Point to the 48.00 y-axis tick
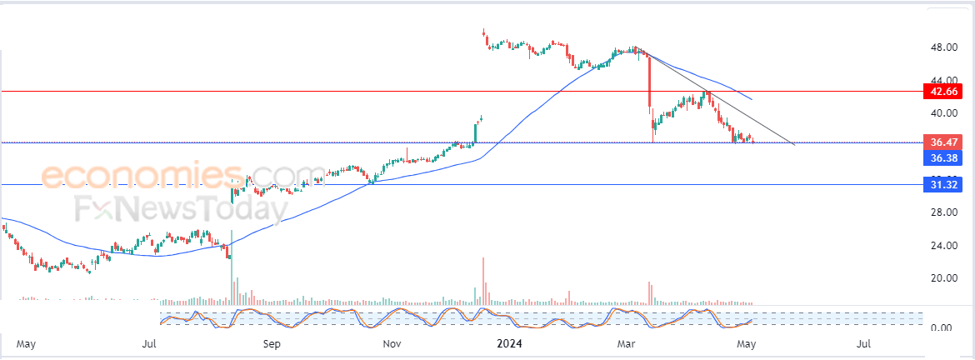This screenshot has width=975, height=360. pyautogui.click(x=944, y=47)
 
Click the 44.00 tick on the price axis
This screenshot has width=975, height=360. pyautogui.click(x=944, y=79)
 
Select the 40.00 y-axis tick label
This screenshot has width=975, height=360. pyautogui.click(x=944, y=112)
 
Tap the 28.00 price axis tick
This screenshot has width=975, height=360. pyautogui.click(x=944, y=212)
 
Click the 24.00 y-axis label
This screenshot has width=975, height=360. pyautogui.click(x=944, y=245)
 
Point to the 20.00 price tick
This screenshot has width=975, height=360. pyautogui.click(x=944, y=277)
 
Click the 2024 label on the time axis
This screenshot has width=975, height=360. pyautogui.click(x=508, y=342)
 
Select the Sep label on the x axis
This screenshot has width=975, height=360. pyautogui.click(x=271, y=342)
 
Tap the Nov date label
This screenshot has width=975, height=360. pyautogui.click(x=392, y=342)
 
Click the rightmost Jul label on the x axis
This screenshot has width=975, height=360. pyautogui.click(x=864, y=342)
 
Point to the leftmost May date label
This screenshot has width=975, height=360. pyautogui.click(x=26, y=342)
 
